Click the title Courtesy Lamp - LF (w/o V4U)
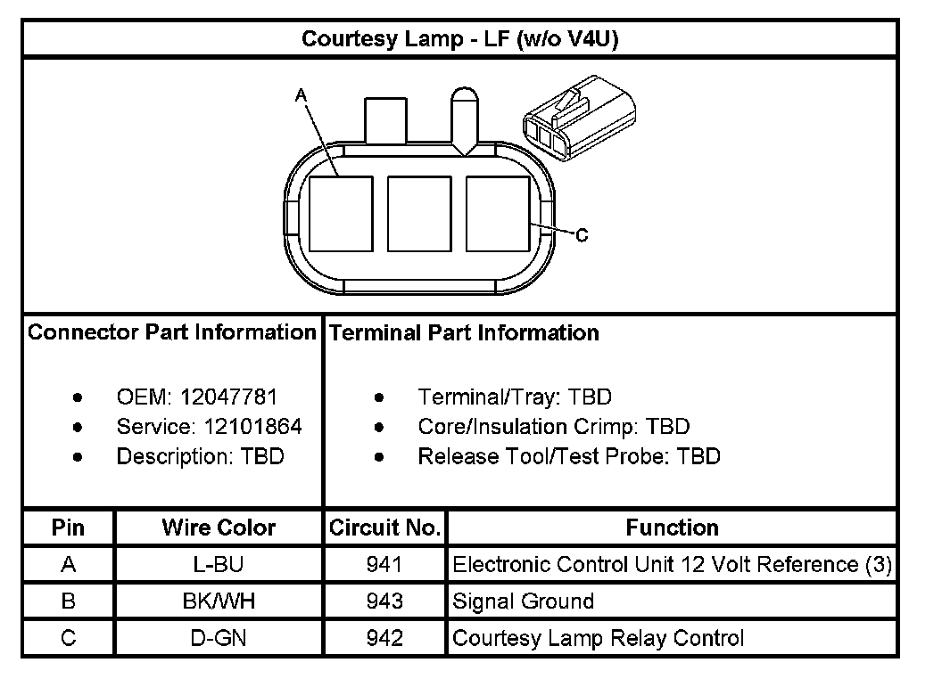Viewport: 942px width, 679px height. click(x=460, y=39)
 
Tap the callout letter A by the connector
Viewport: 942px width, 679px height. click(x=301, y=94)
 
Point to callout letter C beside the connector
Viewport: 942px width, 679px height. click(x=582, y=236)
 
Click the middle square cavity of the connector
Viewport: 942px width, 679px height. click(x=419, y=214)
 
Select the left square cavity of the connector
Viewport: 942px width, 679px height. click(x=341, y=214)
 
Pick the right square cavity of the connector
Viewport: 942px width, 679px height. click(x=498, y=214)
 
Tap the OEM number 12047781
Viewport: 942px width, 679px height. click(x=229, y=397)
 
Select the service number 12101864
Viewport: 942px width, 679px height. click(x=248, y=427)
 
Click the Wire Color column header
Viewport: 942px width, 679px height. click(x=219, y=528)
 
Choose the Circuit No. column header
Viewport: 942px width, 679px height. click(x=384, y=528)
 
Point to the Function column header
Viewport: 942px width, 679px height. click(x=672, y=528)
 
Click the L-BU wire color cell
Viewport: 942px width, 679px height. click(x=219, y=565)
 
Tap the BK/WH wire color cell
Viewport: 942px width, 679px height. click(x=219, y=601)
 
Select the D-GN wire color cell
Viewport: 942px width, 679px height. click(x=219, y=638)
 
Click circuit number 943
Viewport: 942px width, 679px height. click(x=384, y=601)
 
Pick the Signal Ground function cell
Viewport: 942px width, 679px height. click(x=524, y=601)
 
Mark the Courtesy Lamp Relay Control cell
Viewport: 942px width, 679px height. click(x=598, y=638)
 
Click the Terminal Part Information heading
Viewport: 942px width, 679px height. click(x=464, y=333)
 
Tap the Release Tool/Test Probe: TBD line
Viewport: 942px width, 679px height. click(x=568, y=457)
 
